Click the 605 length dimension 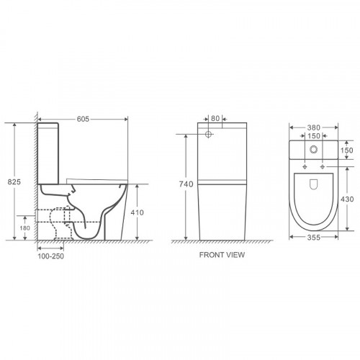[83, 119]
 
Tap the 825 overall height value [14, 182]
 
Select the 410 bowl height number [138, 212]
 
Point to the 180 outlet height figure [24, 228]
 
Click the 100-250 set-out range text [50, 256]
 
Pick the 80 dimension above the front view [215, 118]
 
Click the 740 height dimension [186, 184]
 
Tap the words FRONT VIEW [222, 255]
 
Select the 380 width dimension [314, 127]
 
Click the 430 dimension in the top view [347, 199]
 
